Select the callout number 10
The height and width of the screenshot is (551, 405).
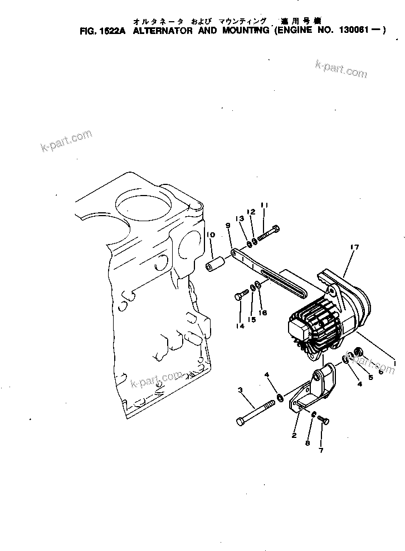pos(211,236)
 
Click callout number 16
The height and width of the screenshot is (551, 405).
pos(263,313)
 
